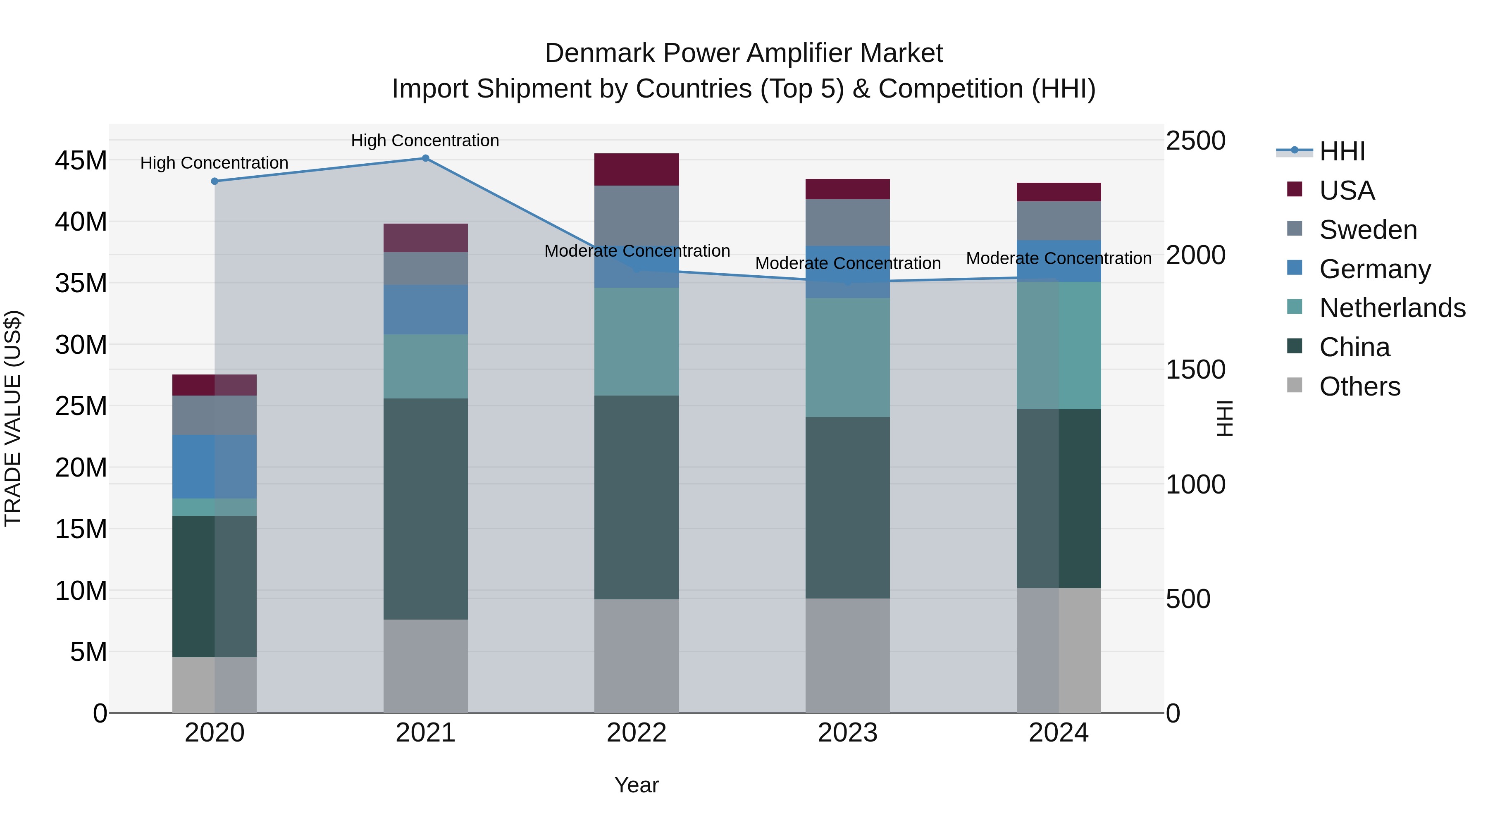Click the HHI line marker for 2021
pyautogui.click(x=425, y=158)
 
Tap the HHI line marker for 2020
pyautogui.click(x=214, y=181)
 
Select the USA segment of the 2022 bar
pyautogui.click(x=637, y=169)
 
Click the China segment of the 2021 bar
pyautogui.click(x=425, y=508)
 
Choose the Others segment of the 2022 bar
pyautogui.click(x=637, y=656)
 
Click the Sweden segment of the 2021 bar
pyautogui.click(x=425, y=268)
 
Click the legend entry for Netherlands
pyautogui.click(x=1392, y=308)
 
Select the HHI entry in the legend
pyautogui.click(x=1342, y=151)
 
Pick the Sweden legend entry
pyautogui.click(x=1368, y=230)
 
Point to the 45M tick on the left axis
pyautogui.click(x=81, y=161)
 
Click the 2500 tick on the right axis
pyautogui.click(x=1195, y=141)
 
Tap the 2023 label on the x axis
pyautogui.click(x=847, y=733)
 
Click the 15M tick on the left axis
pyautogui.click(x=81, y=529)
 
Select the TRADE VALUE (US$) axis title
pyautogui.click(x=13, y=418)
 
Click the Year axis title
pyautogui.click(x=637, y=785)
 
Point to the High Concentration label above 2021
pyautogui.click(x=425, y=141)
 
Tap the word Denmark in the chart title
pyautogui.click(x=600, y=53)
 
